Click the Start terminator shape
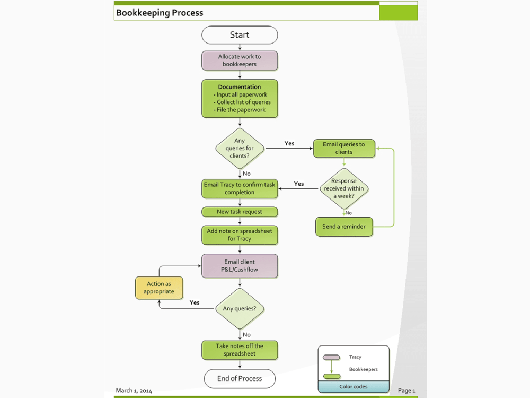pyautogui.click(x=240, y=35)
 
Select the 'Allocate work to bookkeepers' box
pyautogui.click(x=240, y=60)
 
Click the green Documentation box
pyautogui.click(x=240, y=98)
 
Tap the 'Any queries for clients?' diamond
pyautogui.click(x=240, y=148)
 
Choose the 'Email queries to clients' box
pyautogui.click(x=344, y=148)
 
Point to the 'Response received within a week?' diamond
pyautogui.click(x=344, y=188)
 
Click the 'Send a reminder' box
pyautogui.click(x=344, y=227)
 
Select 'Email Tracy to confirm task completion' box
pyautogui.click(x=240, y=188)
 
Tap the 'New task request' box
pyautogui.click(x=240, y=212)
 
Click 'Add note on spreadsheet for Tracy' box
pyautogui.click(x=240, y=235)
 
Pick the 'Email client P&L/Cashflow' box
pyautogui.click(x=240, y=265)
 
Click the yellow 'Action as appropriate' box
pyautogui.click(x=159, y=288)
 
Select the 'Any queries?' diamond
pyautogui.click(x=240, y=309)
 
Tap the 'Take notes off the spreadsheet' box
pyautogui.click(x=240, y=350)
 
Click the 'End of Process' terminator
pyautogui.click(x=240, y=378)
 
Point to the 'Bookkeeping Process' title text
pyautogui.click(x=160, y=13)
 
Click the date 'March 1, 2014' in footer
pyautogui.click(x=134, y=391)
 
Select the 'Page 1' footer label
pyautogui.click(x=407, y=391)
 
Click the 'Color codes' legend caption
pyautogui.click(x=353, y=387)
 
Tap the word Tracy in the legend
pyautogui.click(x=355, y=357)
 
